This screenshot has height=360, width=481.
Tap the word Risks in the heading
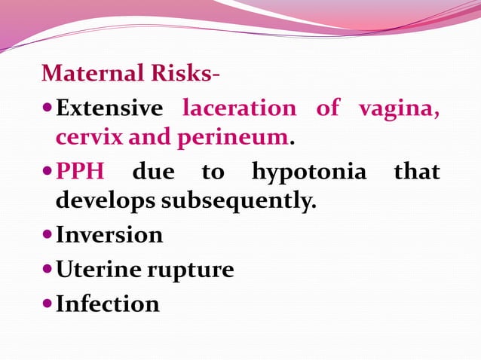tap(179, 74)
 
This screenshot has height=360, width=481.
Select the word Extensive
tap(109, 108)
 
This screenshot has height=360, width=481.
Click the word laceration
tap(240, 108)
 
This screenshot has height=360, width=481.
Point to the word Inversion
tap(109, 235)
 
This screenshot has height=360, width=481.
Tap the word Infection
tap(108, 304)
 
